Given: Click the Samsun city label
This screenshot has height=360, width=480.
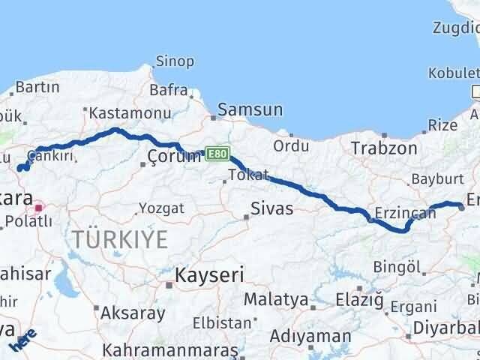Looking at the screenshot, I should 250,110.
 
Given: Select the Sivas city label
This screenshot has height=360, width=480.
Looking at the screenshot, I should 272,208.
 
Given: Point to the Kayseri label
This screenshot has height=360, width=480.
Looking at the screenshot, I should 209,275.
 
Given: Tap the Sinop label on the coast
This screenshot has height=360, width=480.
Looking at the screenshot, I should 175,61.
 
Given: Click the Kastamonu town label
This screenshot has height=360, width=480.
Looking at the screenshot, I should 125,113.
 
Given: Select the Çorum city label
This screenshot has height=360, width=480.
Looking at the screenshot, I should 175,156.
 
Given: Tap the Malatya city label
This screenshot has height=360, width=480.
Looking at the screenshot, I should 276,300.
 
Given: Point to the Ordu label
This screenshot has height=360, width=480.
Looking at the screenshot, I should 291,145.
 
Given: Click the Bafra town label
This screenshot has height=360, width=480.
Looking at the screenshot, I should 169,90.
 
